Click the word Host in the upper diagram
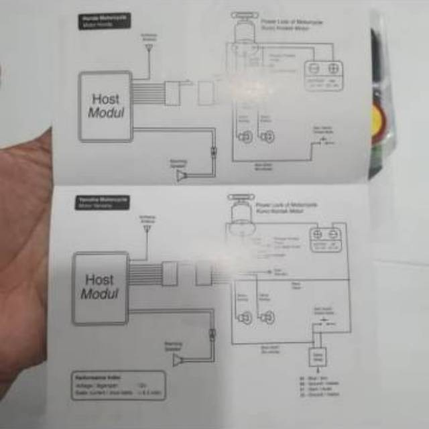[x=106, y=99]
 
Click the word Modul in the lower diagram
[x=99, y=294]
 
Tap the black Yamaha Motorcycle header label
[x=102, y=202]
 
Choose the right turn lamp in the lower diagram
[x=267, y=318]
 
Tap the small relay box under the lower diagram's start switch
[x=318, y=357]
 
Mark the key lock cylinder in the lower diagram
[x=240, y=214]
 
